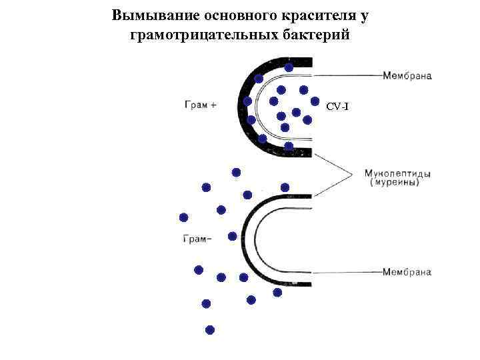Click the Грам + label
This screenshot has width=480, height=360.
(200, 103)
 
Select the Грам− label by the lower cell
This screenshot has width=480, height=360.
(198, 239)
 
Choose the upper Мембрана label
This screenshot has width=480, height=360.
(407, 75)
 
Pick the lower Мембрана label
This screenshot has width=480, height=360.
(407, 272)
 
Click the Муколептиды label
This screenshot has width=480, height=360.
(397, 174)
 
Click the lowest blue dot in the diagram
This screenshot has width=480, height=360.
(210, 329)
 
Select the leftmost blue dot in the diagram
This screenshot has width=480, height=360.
(184, 217)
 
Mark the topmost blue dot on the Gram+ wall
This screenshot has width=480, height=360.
(289, 67)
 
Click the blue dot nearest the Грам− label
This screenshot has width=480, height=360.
(232, 236)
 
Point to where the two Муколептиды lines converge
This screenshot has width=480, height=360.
(352, 175)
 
